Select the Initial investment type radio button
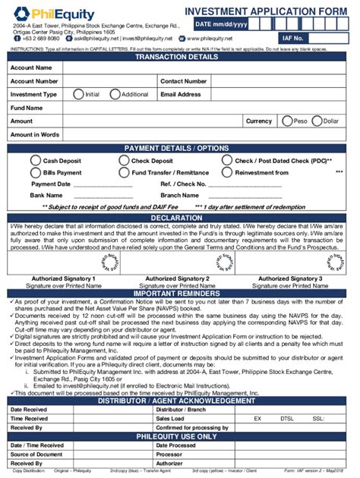point(77,94)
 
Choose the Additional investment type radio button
point(115,94)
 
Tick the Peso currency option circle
point(286,121)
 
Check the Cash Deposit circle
point(35,161)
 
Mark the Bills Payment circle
point(35,172)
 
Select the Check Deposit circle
point(124,161)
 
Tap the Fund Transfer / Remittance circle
point(124,172)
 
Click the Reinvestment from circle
point(226,172)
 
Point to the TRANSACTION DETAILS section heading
point(180,56)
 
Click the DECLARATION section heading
point(180,217)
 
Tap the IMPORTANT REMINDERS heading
point(180,293)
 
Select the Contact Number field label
point(184,81)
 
